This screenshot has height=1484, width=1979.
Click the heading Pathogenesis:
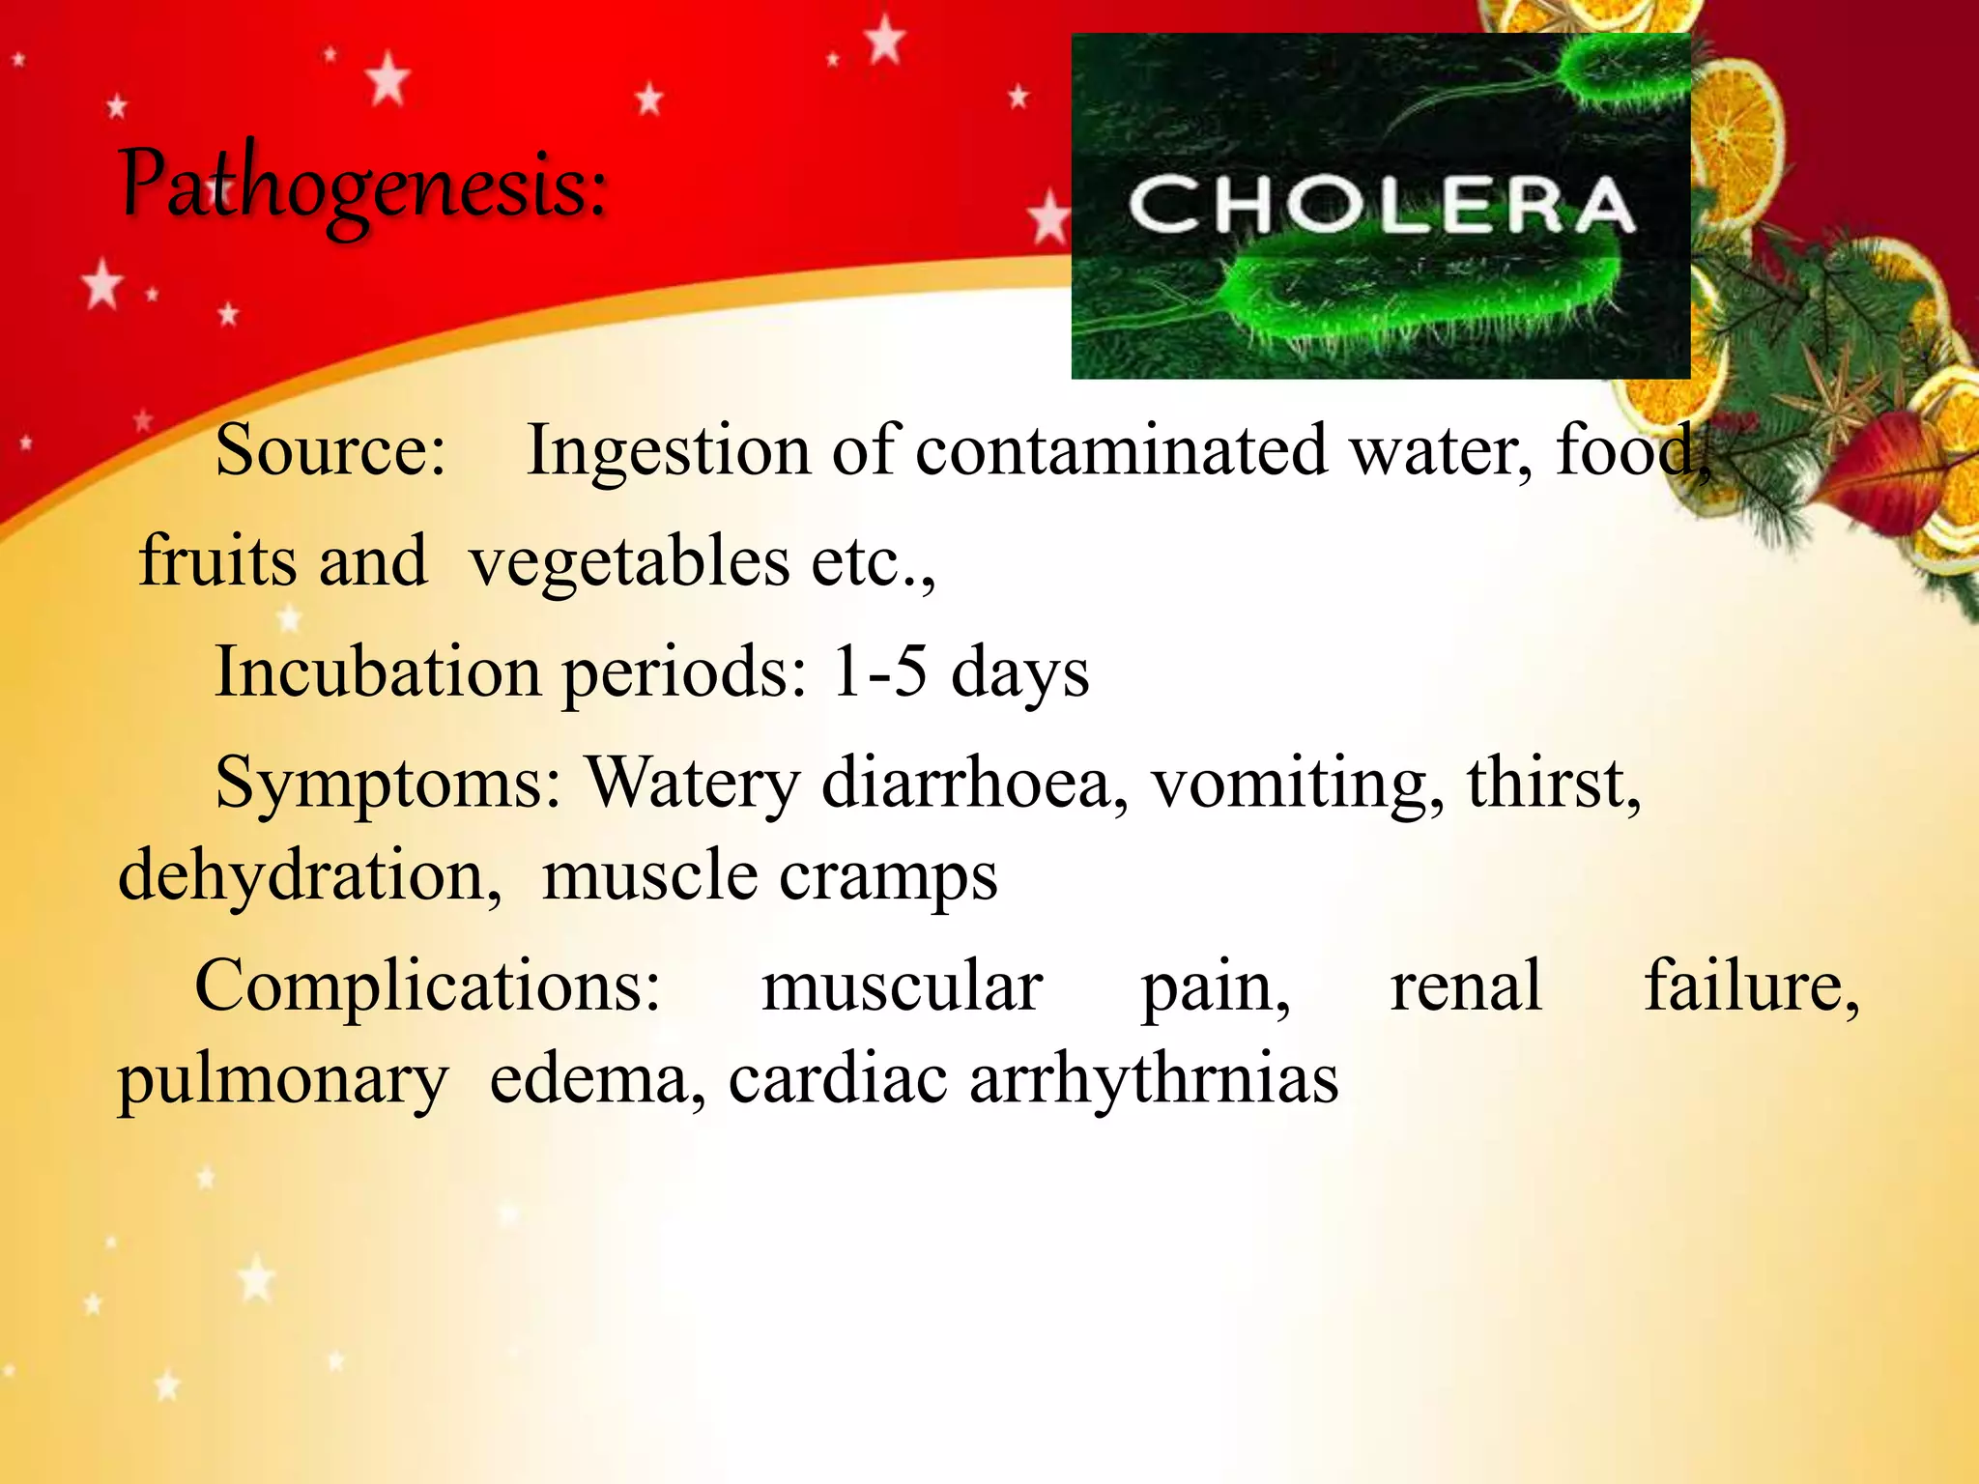363,184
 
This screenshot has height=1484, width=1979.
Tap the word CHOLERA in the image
1381,205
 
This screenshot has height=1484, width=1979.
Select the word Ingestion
668,452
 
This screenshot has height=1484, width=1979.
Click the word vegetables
629,562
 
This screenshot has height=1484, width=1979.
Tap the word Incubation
378,671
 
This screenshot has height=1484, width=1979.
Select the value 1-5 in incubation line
879,671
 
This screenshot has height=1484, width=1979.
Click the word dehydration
309,875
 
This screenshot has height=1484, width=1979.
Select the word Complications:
428,985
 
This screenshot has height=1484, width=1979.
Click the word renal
1466,985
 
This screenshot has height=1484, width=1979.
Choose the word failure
1751,985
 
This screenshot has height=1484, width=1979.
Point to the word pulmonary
283,1080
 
